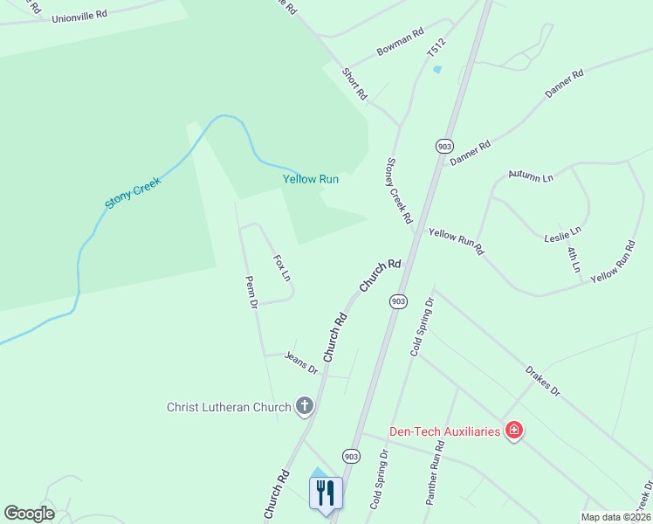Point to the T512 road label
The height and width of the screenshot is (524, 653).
(436, 48)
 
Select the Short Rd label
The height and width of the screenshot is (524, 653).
(355, 83)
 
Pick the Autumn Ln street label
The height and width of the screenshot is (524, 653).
(531, 176)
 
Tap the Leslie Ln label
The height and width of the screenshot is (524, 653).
(562, 234)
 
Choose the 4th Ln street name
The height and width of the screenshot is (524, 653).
(574, 259)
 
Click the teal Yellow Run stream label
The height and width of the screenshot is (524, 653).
(310, 179)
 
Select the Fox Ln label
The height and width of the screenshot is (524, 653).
(281, 268)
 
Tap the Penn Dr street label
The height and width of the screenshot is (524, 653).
(252, 292)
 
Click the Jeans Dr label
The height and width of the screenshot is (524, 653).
(301, 362)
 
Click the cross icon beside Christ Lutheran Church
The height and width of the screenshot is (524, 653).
(304, 405)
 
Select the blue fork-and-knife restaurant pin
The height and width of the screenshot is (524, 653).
(326, 492)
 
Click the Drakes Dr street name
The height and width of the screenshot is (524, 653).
(542, 381)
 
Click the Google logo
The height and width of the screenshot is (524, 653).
(29, 514)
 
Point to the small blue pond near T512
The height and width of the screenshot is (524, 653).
(437, 69)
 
